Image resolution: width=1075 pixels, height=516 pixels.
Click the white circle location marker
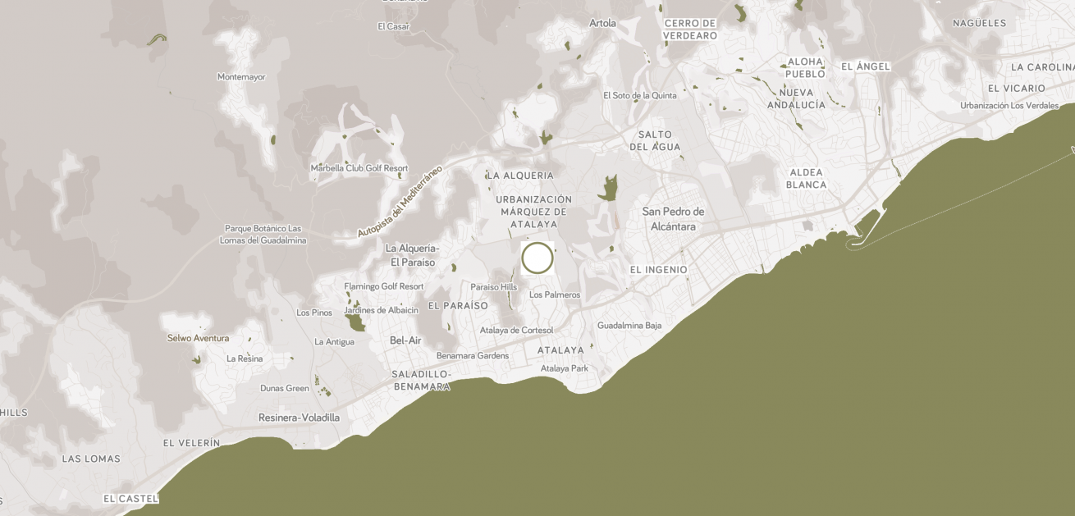[x=537, y=258]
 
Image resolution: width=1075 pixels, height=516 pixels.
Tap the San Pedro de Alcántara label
[x=673, y=219]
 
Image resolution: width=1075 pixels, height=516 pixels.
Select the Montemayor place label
[x=241, y=77]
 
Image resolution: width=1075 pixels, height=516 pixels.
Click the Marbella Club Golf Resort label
[x=359, y=168]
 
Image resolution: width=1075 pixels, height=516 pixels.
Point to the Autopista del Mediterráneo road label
[x=400, y=202]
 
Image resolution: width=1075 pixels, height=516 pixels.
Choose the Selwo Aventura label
[x=198, y=338]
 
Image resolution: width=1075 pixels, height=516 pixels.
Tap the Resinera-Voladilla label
[x=299, y=418]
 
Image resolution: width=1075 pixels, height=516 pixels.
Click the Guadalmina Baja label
[x=629, y=326]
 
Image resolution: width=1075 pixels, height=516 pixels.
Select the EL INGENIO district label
[x=658, y=270]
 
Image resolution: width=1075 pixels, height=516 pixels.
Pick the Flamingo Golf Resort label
[x=384, y=286]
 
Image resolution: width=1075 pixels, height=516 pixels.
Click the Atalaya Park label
[x=565, y=368]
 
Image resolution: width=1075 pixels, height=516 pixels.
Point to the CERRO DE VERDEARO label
[x=690, y=30]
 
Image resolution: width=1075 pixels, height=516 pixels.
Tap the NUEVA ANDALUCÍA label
[x=796, y=99]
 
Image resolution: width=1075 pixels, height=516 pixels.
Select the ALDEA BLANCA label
[x=806, y=179]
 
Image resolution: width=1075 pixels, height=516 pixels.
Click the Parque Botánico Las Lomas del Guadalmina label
[x=263, y=235]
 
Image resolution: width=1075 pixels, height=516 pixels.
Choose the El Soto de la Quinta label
[x=640, y=95]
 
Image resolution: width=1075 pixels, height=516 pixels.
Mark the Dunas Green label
[x=285, y=388]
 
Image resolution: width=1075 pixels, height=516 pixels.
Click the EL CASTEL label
[x=130, y=499]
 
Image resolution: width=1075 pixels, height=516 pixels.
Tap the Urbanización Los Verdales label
[x=1009, y=105]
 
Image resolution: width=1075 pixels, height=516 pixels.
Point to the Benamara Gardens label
[x=473, y=356]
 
